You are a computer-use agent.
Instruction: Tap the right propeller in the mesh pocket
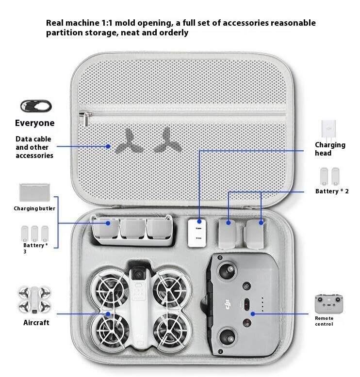click(164, 140)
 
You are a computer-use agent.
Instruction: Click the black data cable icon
click(36, 106)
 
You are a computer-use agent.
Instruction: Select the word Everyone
click(34, 123)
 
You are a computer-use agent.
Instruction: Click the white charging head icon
click(328, 129)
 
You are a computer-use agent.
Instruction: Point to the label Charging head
click(330, 149)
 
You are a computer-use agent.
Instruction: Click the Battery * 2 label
click(332, 191)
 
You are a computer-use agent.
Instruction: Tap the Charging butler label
click(34, 208)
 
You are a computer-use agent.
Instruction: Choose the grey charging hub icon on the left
click(34, 192)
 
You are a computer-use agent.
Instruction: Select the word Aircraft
click(36, 322)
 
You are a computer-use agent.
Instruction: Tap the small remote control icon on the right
click(328, 304)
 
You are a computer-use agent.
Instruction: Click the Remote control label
click(324, 321)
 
